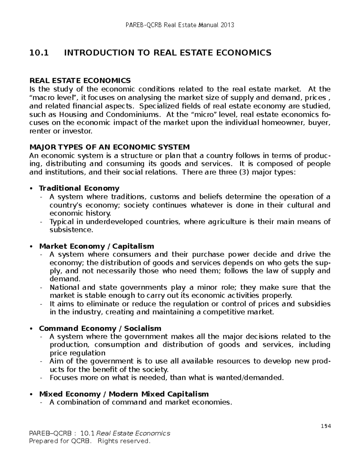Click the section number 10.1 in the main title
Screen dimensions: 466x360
(x=38, y=53)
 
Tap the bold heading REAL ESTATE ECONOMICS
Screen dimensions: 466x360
(x=80, y=80)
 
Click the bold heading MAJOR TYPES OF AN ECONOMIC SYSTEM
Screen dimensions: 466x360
(x=109, y=147)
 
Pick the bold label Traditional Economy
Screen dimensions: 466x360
(x=79, y=188)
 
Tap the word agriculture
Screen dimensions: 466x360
(x=234, y=222)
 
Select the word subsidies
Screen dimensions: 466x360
(x=314, y=304)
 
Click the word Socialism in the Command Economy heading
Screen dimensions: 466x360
(x=142, y=329)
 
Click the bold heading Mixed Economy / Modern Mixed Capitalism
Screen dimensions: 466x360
(x=124, y=394)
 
